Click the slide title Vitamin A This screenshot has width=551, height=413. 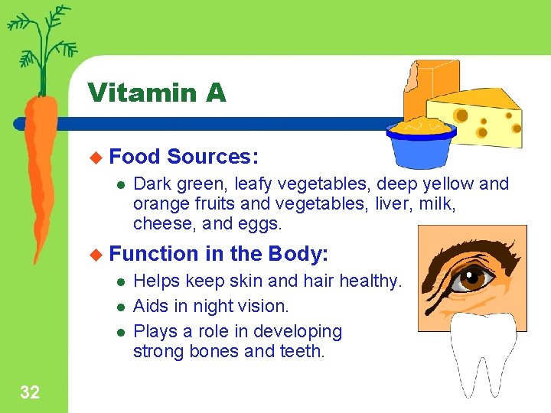tap(157, 93)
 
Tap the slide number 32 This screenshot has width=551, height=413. tap(30, 393)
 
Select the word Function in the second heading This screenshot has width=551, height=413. tap(155, 253)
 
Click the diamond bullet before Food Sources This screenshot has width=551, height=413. tap(96, 158)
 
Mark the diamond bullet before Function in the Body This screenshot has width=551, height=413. tap(96, 253)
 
